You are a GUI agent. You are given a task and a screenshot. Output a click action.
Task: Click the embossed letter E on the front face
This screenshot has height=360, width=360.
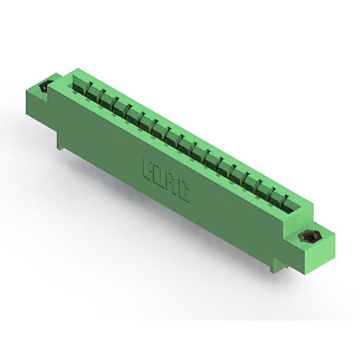[x=148, y=169]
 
